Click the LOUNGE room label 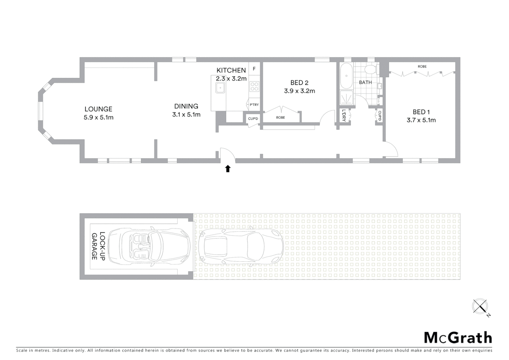pyautogui.click(x=98, y=109)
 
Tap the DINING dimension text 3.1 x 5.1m pyautogui.click(x=186, y=115)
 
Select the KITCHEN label pyautogui.click(x=231, y=70)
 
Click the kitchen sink pyautogui.click(x=220, y=88)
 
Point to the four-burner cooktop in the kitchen pyautogui.click(x=254, y=86)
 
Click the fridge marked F pyautogui.click(x=254, y=69)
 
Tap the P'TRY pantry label pyautogui.click(x=254, y=105)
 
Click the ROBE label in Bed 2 pyautogui.click(x=280, y=117)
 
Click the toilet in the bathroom pyautogui.click(x=370, y=70)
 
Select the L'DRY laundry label pyautogui.click(x=344, y=115)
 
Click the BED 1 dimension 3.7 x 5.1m pyautogui.click(x=421, y=120)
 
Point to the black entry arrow pyautogui.click(x=228, y=169)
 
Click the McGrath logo pyautogui.click(x=458, y=338)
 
